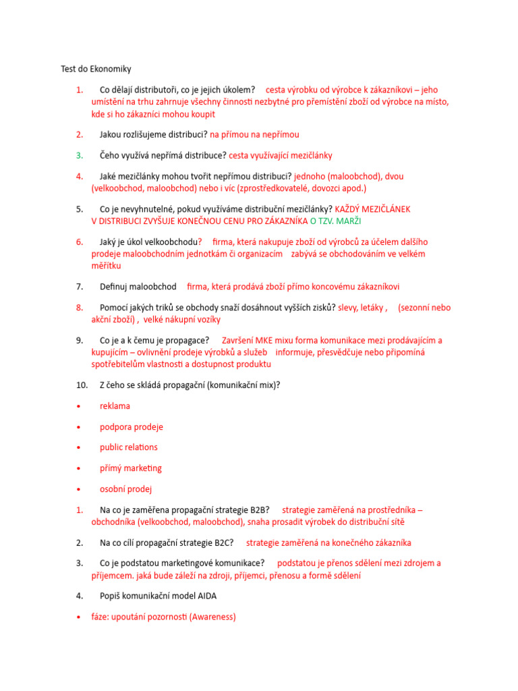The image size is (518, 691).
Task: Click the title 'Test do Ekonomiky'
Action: coord(96,69)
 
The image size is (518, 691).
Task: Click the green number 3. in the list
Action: coord(80,155)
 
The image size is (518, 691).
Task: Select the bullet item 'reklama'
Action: coord(115,406)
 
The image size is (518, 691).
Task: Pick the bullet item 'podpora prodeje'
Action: coord(131,427)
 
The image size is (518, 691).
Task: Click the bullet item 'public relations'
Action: coord(128,447)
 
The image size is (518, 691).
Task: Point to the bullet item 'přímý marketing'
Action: coord(130,468)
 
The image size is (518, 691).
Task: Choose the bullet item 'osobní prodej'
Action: coord(125,489)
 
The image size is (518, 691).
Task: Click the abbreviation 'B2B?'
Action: coord(258,509)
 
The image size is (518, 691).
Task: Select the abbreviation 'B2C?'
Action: coord(222,543)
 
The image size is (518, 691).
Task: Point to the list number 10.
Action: coord(82,385)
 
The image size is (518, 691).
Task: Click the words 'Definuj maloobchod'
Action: coord(138,287)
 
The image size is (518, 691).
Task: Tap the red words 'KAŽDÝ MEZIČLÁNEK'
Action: coord(372,209)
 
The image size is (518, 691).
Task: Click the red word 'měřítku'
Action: coord(106,266)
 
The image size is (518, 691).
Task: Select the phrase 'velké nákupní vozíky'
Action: coord(181,319)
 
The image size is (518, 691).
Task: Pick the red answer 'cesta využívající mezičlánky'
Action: coord(280,155)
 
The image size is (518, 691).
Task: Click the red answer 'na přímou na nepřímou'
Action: coord(254,134)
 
